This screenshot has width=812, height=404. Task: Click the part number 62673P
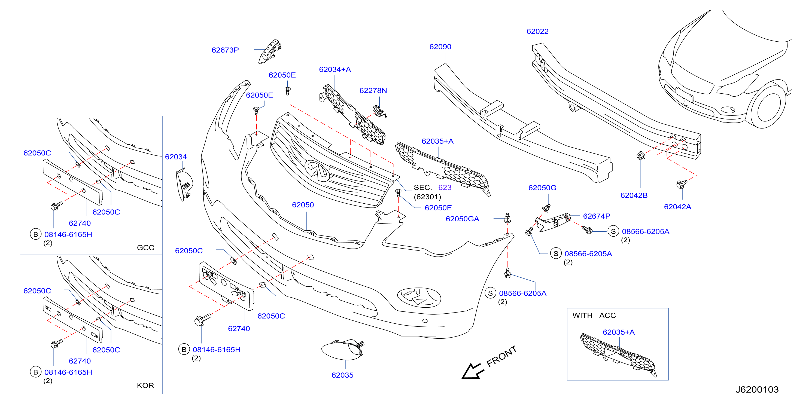225,50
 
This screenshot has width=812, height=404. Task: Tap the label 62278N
373,90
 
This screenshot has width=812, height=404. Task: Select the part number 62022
537,32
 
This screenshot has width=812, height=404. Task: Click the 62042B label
634,195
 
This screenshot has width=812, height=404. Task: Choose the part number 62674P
596,216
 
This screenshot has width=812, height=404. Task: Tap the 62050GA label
462,219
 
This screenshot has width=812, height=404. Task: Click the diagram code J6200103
757,390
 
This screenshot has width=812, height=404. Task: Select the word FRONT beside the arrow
501,356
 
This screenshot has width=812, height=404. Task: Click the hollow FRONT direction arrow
472,371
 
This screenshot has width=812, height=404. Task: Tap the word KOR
145,386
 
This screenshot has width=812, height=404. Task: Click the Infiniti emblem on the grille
317,170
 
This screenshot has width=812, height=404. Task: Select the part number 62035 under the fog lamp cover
342,375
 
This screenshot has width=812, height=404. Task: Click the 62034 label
176,157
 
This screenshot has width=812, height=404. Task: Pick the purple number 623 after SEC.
445,188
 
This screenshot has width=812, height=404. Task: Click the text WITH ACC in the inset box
594,316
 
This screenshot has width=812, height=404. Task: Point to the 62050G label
542,188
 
